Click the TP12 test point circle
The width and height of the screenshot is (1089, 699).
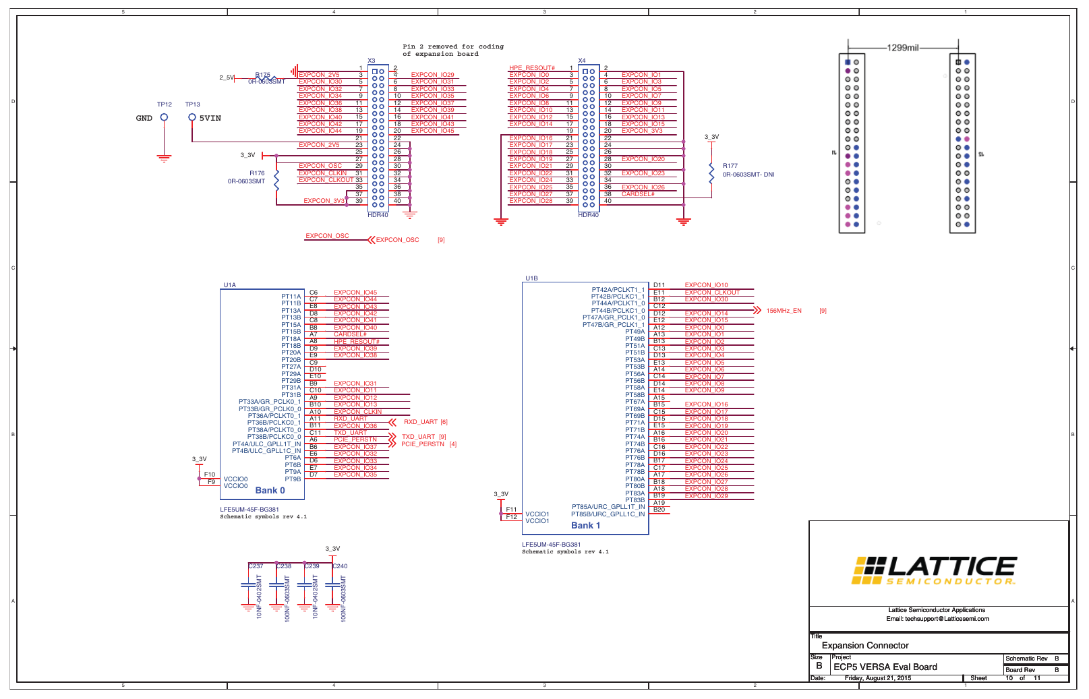[164, 117]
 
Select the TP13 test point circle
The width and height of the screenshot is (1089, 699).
[192, 117]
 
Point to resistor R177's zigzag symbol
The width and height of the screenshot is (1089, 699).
[711, 173]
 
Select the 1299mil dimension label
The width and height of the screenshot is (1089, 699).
[903, 48]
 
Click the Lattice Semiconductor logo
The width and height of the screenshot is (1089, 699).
[935, 570]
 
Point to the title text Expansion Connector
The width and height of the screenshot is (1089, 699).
[865, 646]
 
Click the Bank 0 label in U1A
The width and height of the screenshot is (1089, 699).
[270, 491]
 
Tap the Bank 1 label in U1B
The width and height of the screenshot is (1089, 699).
[585, 526]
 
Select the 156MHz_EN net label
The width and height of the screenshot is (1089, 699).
[784, 311]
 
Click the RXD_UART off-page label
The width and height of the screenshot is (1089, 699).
[421, 422]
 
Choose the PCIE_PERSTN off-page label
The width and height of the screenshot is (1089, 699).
[423, 444]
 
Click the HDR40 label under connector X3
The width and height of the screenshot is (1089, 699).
[378, 215]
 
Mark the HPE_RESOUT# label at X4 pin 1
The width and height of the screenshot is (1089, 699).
[532, 68]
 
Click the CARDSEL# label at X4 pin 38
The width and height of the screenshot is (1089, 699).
[638, 194]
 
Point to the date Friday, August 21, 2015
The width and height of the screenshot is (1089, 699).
[877, 678]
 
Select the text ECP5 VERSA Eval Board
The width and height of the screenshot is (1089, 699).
[885, 667]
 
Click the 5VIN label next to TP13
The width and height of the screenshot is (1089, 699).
[210, 118]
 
